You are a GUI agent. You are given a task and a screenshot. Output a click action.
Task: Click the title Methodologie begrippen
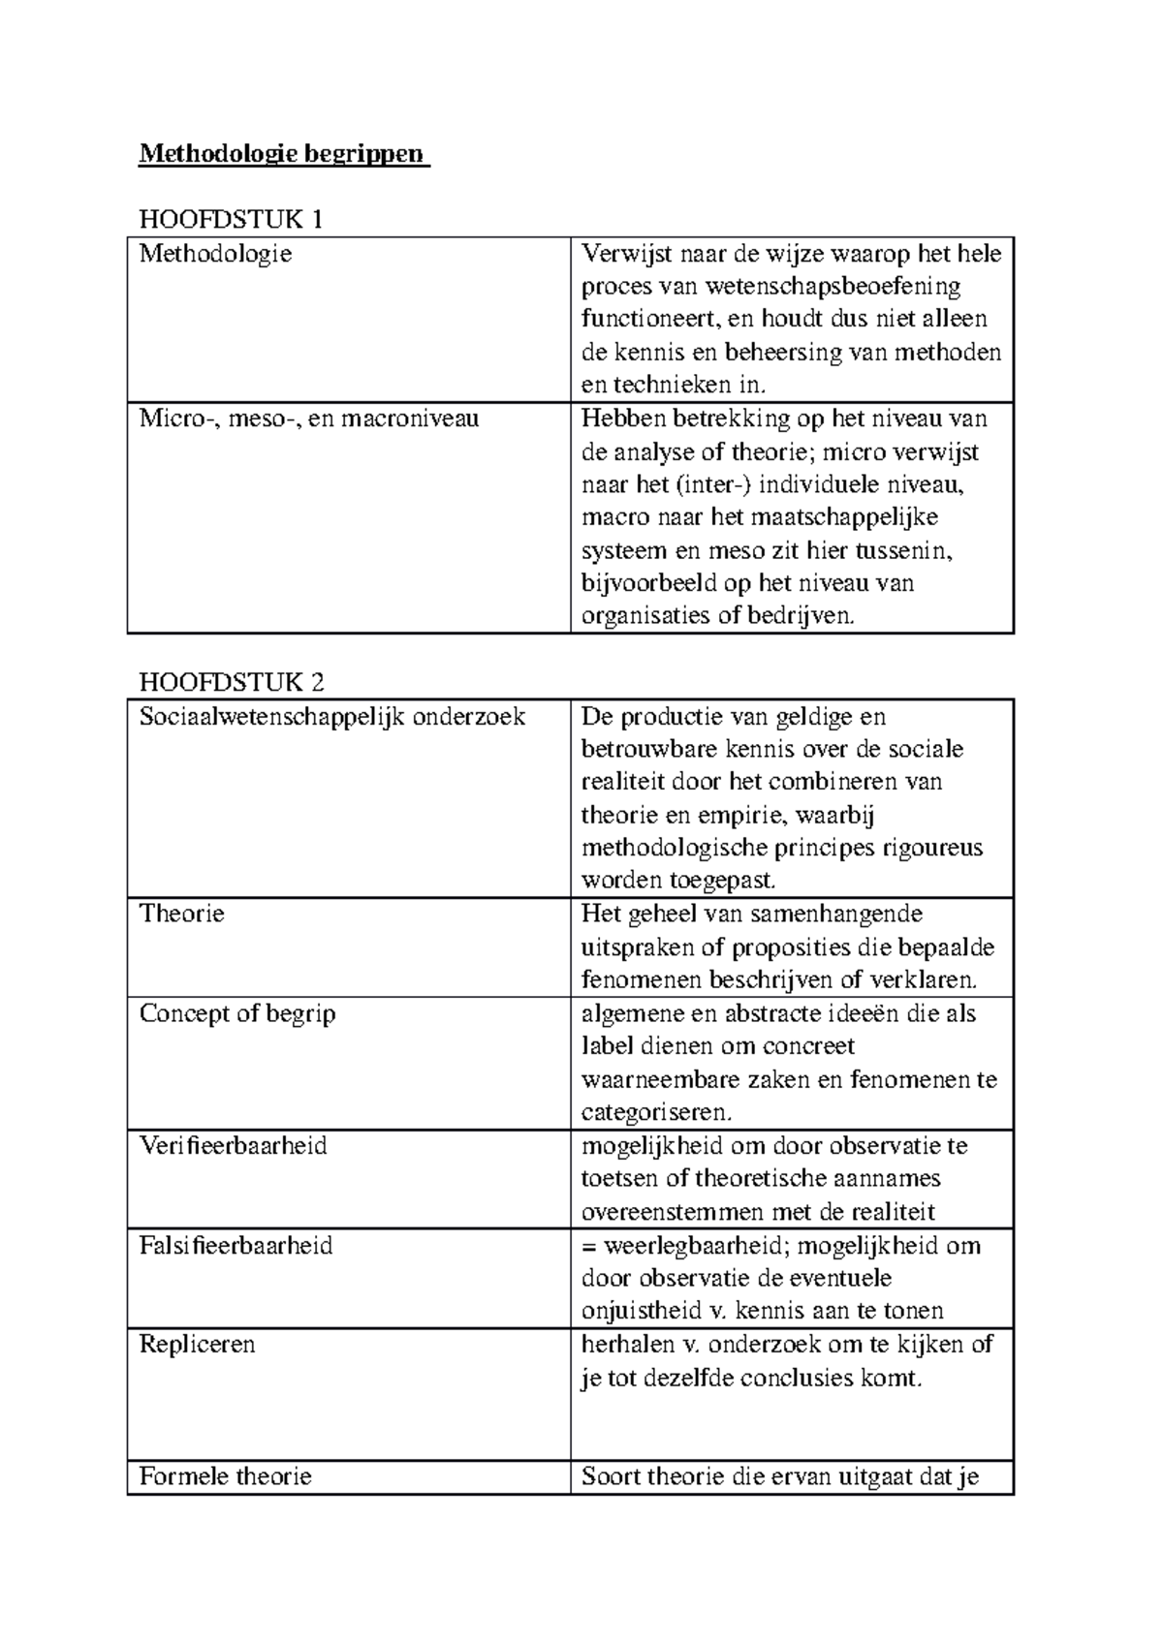point(282,154)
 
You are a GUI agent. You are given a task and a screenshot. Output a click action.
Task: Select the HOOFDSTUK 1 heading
point(231,220)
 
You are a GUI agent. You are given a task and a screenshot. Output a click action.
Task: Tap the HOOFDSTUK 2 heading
point(232,682)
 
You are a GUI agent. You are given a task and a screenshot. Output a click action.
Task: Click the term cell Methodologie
point(215,254)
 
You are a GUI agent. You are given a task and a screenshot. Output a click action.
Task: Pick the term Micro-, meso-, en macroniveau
point(309,419)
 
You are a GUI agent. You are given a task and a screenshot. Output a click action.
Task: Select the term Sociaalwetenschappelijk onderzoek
point(332,717)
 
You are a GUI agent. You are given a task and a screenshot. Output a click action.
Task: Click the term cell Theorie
point(182,914)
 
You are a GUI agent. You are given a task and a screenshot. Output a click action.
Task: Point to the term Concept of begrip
point(237,1013)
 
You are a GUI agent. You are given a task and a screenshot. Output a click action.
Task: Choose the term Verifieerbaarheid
point(234,1146)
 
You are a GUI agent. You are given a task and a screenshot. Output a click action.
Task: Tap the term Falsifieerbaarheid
point(236,1245)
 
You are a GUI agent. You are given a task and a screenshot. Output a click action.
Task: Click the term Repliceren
point(198,1345)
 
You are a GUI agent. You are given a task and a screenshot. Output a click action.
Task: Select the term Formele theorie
point(226,1476)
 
